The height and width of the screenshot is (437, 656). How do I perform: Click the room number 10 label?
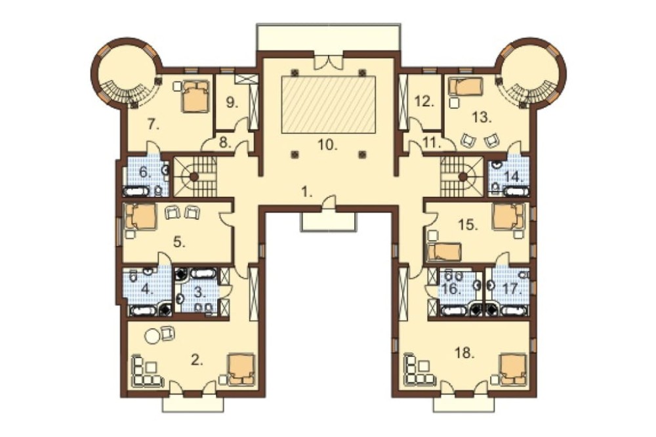[327, 145]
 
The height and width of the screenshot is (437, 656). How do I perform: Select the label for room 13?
[482, 117]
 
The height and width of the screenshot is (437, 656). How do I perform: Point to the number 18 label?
[466, 354]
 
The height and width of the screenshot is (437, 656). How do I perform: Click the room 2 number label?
[197, 360]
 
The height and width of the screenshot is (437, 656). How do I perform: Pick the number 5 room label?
[180, 242]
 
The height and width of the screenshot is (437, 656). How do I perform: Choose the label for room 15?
[468, 225]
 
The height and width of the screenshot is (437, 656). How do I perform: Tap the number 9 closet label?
[232, 102]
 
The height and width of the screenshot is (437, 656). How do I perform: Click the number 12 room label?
[425, 102]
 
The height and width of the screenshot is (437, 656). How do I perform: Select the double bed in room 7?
[195, 96]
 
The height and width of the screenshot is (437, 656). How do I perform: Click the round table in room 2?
[152, 336]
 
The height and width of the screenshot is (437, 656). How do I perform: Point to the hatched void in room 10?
[329, 104]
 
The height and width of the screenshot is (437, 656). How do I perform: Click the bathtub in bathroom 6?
[136, 192]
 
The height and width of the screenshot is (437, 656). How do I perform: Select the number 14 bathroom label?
[514, 177]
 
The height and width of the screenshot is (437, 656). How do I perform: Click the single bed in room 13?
[466, 87]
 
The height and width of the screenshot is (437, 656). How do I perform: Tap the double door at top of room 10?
[329, 62]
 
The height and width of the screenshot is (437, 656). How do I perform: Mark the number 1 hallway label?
[307, 192]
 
